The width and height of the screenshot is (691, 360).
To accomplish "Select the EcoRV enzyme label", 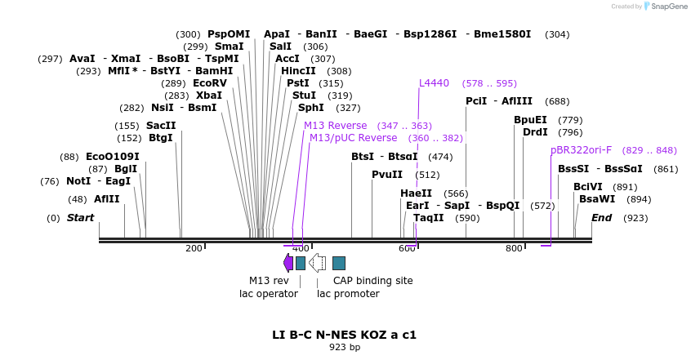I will point(210,83).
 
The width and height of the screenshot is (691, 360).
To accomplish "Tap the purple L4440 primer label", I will point(434,83).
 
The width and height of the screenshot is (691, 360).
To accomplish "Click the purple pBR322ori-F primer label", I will point(581,150).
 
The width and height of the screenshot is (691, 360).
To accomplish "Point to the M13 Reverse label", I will point(336,126).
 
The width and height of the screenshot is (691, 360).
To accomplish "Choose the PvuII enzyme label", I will point(387,175).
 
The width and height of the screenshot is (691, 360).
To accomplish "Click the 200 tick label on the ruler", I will point(194,248).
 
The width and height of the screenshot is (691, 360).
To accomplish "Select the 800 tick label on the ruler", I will point(514,248).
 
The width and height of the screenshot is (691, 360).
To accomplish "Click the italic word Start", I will point(80,218).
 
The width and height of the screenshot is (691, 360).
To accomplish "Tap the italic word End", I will point(601,218).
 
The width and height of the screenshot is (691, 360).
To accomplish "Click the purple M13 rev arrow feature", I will point(288,262).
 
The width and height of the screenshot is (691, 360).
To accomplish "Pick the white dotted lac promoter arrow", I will point(318,262).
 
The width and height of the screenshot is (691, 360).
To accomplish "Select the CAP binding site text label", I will point(372,281).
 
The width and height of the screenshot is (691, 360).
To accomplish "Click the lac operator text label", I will point(269,294).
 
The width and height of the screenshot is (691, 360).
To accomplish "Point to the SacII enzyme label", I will point(161,126).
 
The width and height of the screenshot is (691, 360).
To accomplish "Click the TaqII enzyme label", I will point(428,218).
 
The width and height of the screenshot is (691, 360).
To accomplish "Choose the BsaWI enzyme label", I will point(597,199).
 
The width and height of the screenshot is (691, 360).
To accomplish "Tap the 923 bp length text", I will point(345,347).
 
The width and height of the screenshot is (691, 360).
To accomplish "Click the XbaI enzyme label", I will point(209,96).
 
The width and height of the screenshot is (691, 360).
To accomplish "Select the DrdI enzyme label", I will point(536,132).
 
